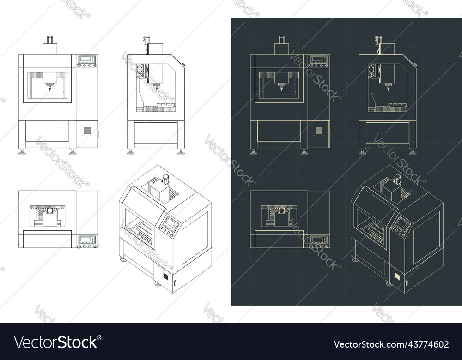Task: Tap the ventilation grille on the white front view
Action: click(87, 131)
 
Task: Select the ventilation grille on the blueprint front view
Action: click(319, 131)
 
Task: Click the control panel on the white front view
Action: click(87, 61)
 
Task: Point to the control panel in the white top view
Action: click(87, 242)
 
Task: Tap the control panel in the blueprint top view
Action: click(318, 242)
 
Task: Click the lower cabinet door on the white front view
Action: click(47, 131)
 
